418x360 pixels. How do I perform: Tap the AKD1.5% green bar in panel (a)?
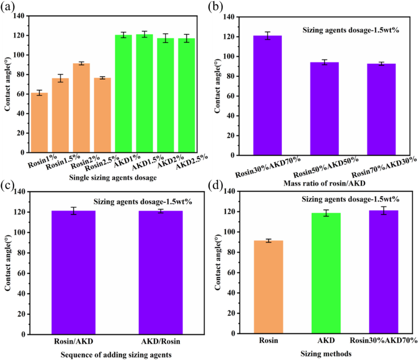coord(145,94)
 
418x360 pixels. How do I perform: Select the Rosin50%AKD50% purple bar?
coord(324,109)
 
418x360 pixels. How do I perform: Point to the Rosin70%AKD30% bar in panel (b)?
coord(381,109)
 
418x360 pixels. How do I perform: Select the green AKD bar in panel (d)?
coord(326,273)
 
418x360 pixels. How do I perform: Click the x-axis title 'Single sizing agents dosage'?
coord(113,178)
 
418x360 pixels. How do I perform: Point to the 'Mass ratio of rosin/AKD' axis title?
coord(324,183)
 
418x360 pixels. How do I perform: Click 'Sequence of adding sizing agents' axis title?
coord(116,355)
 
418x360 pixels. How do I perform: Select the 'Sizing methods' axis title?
coord(326,353)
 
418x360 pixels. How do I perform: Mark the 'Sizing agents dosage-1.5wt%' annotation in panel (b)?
coord(351,30)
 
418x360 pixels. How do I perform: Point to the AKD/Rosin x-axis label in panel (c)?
coord(161,341)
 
